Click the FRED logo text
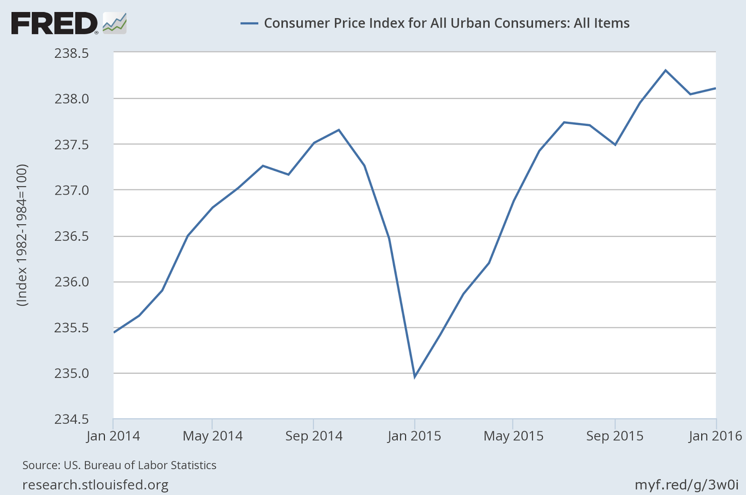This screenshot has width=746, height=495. pyautogui.click(x=54, y=23)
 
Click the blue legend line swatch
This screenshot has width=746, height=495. pyautogui.click(x=249, y=23)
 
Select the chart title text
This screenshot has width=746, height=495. pyautogui.click(x=447, y=23)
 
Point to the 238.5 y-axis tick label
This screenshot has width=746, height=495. pyautogui.click(x=71, y=53)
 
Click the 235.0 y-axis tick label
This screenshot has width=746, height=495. pyautogui.click(x=71, y=373)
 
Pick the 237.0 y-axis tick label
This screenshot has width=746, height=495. pyautogui.click(x=71, y=190)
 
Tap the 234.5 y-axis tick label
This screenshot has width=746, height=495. pyautogui.click(x=71, y=419)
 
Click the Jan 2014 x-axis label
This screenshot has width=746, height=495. pyautogui.click(x=113, y=436)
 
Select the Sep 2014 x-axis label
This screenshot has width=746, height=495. pyautogui.click(x=314, y=436)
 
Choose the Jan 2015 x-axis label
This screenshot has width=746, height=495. pyautogui.click(x=414, y=436)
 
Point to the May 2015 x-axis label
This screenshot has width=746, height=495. pyautogui.click(x=513, y=436)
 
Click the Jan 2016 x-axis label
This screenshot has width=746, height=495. pyautogui.click(x=715, y=436)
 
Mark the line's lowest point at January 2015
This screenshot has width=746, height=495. pyautogui.click(x=414, y=377)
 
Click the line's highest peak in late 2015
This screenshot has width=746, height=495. pyautogui.click(x=665, y=70)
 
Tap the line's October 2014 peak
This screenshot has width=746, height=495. pyautogui.click(x=339, y=130)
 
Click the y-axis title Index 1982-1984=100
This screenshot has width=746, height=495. pyautogui.click(x=22, y=235)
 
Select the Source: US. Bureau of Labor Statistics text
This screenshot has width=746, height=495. pyautogui.click(x=119, y=465)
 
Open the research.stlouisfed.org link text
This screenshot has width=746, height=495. pyautogui.click(x=96, y=485)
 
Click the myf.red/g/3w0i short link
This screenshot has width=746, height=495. pyautogui.click(x=686, y=485)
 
